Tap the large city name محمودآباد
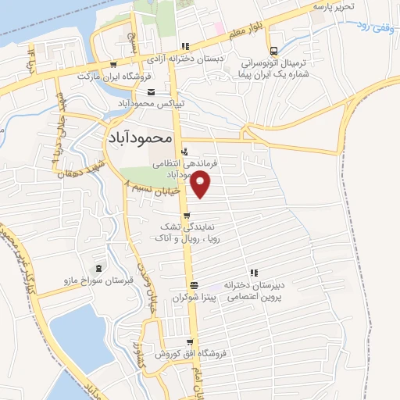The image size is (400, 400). (137, 136)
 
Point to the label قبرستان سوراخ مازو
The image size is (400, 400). (96, 280)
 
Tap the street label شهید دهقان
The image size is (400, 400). (79, 159)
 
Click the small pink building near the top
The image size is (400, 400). (221, 29)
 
